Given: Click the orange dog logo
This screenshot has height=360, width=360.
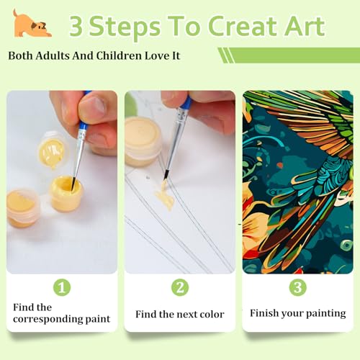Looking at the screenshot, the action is (x=32, y=24).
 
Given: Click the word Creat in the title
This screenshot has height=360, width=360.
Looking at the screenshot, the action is (x=246, y=26).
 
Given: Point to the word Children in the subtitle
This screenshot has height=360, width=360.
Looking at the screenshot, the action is (x=119, y=55).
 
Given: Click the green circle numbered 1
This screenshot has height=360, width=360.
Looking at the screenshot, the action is (x=62, y=287).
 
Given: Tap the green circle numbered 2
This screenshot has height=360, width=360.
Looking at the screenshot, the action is (x=180, y=287).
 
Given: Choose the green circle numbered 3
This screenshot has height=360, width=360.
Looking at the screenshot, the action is (x=298, y=287).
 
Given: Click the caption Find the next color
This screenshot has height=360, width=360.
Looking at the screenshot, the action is (x=180, y=314).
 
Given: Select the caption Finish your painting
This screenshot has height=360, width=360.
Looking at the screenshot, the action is (x=298, y=313).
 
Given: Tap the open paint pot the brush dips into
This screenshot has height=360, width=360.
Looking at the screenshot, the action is (x=66, y=193).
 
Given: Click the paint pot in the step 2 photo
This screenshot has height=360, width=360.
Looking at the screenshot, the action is (x=142, y=142).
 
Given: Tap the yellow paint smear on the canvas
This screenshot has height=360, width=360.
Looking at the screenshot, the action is (x=165, y=196).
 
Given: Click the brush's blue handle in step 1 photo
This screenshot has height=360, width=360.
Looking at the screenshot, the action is (x=84, y=112).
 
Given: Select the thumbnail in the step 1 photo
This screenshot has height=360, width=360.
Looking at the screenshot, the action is (x=92, y=108).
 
